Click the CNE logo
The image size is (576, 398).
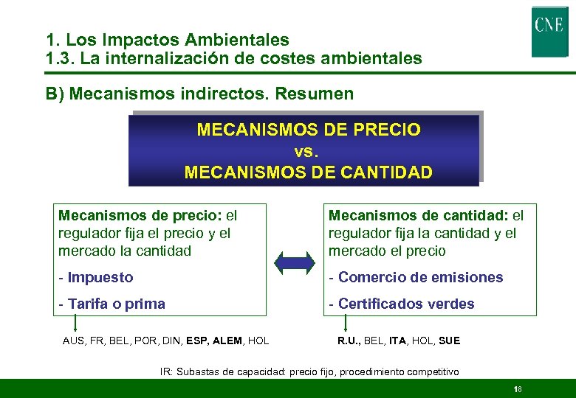pos(549,32)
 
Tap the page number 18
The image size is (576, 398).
pos(517,389)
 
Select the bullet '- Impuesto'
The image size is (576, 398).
pos(96,278)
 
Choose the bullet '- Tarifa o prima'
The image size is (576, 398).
pos(112,304)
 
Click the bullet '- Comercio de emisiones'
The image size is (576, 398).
pos(416,278)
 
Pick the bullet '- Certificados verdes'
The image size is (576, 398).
pos(402,304)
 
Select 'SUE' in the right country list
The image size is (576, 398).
pos(448,341)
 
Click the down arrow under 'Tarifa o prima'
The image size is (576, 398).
pos(75,323)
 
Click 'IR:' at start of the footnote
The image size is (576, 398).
pos(167,371)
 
